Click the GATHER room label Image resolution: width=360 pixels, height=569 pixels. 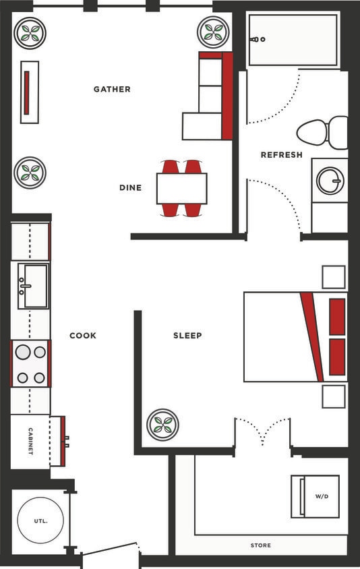click(112, 89)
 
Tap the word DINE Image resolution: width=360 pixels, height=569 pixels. click(130, 187)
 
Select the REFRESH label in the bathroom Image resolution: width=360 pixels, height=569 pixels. click(281, 155)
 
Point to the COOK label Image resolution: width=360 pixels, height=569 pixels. click(83, 335)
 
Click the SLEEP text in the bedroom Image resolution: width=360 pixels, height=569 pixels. click(187, 335)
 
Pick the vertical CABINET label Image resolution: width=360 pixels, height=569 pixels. click(30, 442)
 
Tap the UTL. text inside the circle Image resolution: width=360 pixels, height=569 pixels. click(40, 521)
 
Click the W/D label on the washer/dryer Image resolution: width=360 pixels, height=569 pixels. click(322, 496)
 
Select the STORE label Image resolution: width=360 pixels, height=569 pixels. click(260, 545)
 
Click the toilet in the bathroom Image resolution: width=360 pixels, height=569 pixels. click(322, 133)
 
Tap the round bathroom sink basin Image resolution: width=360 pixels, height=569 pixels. click(330, 181)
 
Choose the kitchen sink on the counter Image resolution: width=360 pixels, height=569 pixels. click(33, 286)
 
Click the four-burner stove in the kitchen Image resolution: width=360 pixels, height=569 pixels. click(30, 364)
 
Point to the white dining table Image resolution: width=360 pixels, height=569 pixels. click(181, 188)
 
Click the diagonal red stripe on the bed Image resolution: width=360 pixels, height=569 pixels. click(311, 336)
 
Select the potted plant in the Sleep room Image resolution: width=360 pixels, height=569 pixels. click(162, 425)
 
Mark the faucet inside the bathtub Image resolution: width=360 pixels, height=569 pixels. click(258, 40)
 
